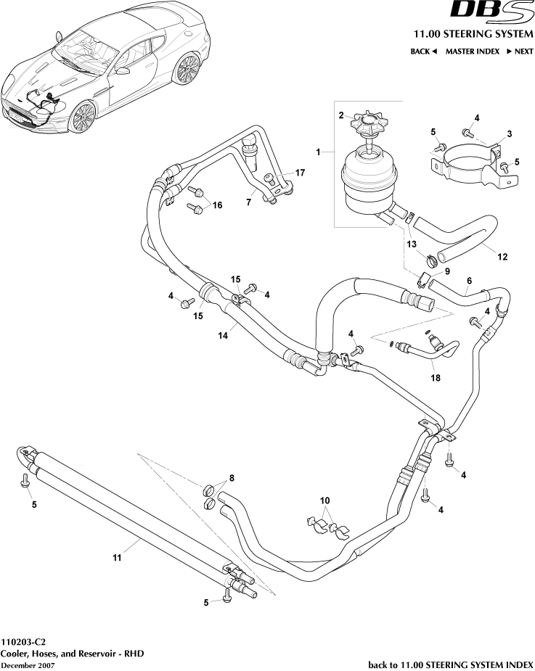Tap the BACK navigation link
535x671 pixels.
click(423, 52)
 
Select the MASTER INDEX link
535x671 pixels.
click(472, 52)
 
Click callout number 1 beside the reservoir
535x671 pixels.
click(317, 151)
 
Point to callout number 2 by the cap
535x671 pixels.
click(340, 115)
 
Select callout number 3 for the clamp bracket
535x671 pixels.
click(510, 134)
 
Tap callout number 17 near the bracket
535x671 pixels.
click(301, 173)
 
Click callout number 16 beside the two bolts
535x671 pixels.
click(216, 205)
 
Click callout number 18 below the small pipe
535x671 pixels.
click(436, 377)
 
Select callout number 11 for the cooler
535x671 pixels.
click(115, 558)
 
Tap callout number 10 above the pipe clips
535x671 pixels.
click(324, 501)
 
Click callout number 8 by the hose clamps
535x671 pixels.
click(232, 478)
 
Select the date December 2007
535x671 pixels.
click(27, 665)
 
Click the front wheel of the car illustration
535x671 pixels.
click(83, 116)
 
